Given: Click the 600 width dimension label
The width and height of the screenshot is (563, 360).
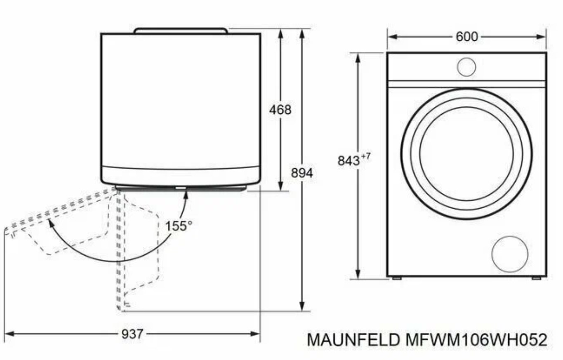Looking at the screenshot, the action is click(467, 37).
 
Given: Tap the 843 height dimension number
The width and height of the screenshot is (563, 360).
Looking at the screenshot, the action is click(349, 161).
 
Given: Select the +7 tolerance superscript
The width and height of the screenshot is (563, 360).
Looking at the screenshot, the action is click(366, 156).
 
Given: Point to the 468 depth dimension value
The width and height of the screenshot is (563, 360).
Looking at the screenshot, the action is click(280, 110).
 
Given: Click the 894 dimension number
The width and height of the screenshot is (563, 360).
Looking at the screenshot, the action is click(302, 173).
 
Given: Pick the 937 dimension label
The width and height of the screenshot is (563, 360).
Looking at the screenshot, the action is click(132, 334).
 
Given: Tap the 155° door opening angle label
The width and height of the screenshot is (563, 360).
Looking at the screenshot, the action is click(179, 226).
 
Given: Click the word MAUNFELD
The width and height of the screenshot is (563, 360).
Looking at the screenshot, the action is click(353, 340).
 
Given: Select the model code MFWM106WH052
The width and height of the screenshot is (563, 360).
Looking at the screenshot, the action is click(476, 340).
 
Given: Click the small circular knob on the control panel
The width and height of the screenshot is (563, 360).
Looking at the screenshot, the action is click(466, 67).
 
